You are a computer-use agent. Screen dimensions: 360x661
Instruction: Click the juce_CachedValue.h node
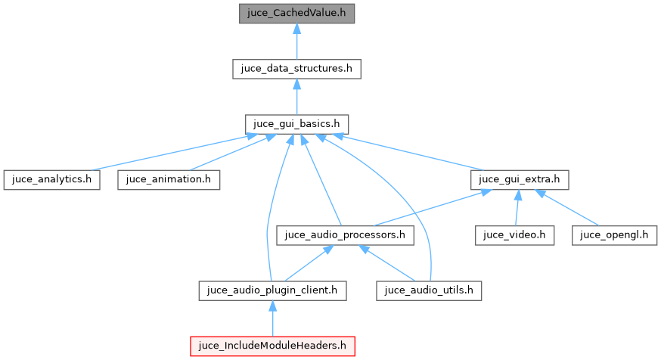tap(296, 14)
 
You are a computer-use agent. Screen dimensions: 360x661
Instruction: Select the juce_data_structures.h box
tap(296, 68)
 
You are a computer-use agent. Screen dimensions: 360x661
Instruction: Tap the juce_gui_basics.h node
tap(296, 124)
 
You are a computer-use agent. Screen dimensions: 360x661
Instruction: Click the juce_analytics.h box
tap(51, 180)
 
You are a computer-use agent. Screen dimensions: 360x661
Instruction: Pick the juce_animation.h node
tap(169, 180)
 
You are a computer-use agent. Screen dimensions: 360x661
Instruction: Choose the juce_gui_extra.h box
tap(519, 180)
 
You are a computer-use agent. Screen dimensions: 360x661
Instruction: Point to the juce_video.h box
tap(515, 235)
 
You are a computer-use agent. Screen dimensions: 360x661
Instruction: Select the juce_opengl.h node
tap(613, 235)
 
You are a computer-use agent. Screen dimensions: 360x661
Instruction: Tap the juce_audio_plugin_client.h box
tap(273, 290)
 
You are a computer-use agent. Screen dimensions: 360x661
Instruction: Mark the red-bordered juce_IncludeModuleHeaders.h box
tap(273, 346)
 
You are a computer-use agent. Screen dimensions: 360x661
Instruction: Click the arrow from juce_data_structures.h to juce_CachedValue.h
tap(296, 42)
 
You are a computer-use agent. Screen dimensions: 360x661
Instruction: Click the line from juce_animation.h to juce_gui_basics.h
tap(227, 154)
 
